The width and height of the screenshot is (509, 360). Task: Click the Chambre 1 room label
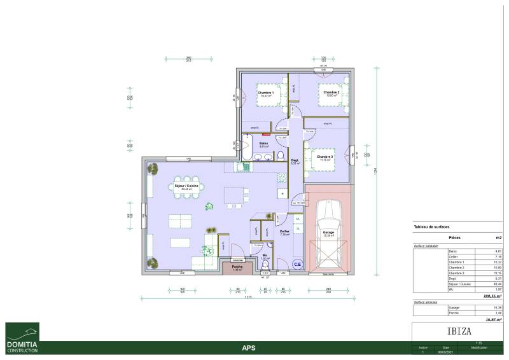pyautogui.click(x=266, y=93)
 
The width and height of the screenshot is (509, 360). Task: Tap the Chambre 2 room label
pyautogui.click(x=331, y=93)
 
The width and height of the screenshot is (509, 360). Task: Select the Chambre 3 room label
pyautogui.click(x=324, y=156)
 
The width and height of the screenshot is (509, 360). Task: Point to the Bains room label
pyautogui.click(x=263, y=144)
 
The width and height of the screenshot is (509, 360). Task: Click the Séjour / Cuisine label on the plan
pyautogui.click(x=186, y=186)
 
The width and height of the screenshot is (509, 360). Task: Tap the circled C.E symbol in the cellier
pyautogui.click(x=297, y=263)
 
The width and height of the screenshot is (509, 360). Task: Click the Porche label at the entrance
pyautogui.click(x=237, y=267)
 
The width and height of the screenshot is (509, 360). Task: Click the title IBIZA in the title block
pyautogui.click(x=456, y=332)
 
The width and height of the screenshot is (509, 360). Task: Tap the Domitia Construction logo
pyautogui.click(x=22, y=338)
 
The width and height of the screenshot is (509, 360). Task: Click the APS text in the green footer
pyautogui.click(x=249, y=348)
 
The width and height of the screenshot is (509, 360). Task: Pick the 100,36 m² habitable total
pyautogui.click(x=492, y=295)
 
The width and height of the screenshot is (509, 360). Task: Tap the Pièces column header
pyautogui.click(x=455, y=237)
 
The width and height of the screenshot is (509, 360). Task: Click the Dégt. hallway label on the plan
pyautogui.click(x=295, y=161)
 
